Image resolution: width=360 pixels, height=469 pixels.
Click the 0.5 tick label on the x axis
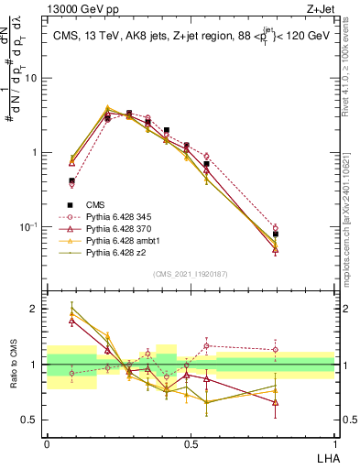click(190, 442)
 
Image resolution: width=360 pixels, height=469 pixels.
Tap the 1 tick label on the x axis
click(333, 442)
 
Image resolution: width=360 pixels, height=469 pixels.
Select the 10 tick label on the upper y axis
click(31, 78)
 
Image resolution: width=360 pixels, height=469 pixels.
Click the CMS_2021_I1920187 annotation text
click(190, 274)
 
